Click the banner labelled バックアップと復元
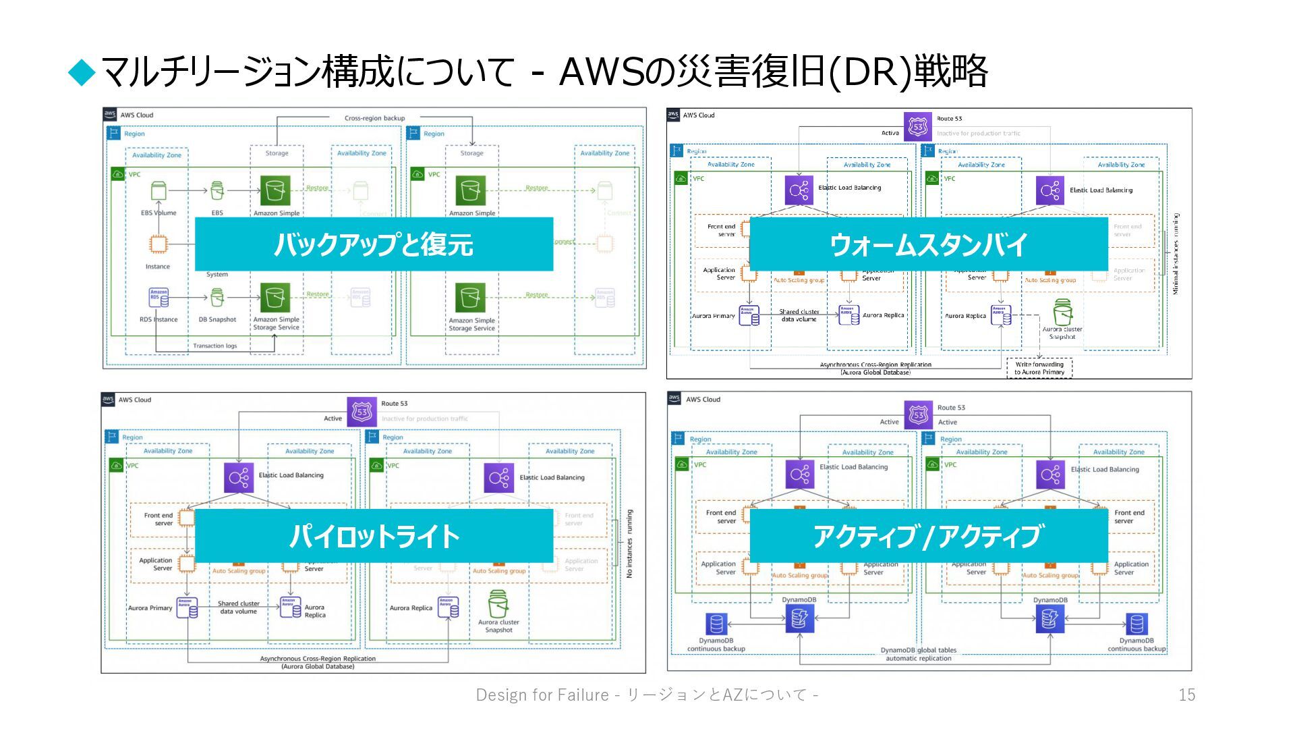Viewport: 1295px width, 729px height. [x=374, y=244]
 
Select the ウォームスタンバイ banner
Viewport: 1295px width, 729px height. [x=928, y=244]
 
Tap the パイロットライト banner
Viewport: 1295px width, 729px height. [x=374, y=536]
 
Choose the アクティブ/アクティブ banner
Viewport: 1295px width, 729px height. [x=928, y=536]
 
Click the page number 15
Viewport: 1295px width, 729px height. [x=1186, y=695]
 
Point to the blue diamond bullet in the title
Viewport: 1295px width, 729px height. [x=83, y=72]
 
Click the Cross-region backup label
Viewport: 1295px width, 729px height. [x=374, y=118]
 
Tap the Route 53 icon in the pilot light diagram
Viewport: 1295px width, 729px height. [x=362, y=411]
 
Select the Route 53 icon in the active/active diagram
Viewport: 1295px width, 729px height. [x=918, y=414]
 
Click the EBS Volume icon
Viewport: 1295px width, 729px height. [x=159, y=191]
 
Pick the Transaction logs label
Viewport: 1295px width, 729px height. [x=215, y=346]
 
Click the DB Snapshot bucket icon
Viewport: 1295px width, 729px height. [x=217, y=298]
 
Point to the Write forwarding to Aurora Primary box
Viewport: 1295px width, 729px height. [x=1039, y=368]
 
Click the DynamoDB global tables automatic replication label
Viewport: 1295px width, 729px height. [x=918, y=654]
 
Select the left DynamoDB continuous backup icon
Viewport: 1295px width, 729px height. [x=716, y=624]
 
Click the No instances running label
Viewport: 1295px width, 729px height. [x=629, y=543]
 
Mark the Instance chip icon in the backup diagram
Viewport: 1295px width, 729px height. [x=159, y=244]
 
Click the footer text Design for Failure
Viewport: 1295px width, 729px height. [x=542, y=695]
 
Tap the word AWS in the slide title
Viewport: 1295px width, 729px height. [x=602, y=72]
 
